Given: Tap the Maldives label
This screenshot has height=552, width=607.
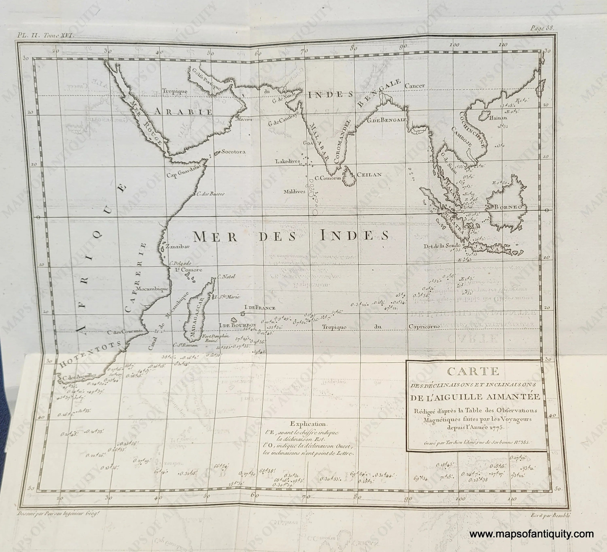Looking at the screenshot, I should pyautogui.click(x=294, y=191).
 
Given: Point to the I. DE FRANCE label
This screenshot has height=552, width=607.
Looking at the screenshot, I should pyautogui.click(x=260, y=308).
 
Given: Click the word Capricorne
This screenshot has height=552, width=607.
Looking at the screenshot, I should pyautogui.click(x=424, y=327).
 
